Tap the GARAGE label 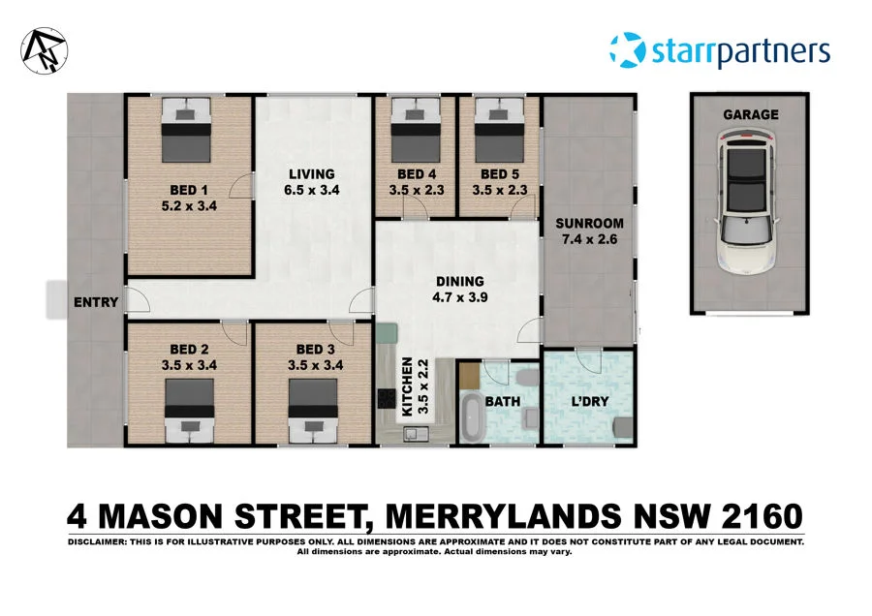[750, 114]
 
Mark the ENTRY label [96, 302]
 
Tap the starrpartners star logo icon [625, 48]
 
